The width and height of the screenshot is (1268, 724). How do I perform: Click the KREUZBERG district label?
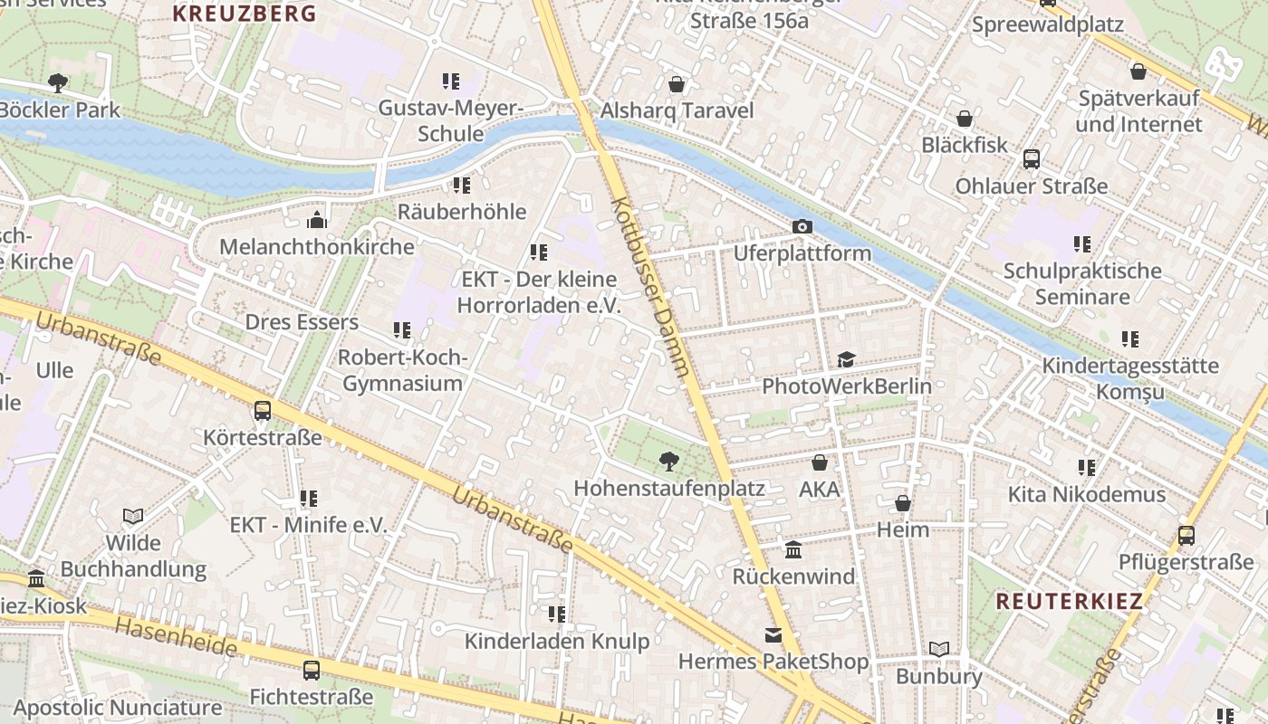245,14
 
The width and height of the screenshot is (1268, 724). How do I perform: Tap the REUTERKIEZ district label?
1069,601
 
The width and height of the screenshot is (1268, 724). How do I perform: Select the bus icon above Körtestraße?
263,411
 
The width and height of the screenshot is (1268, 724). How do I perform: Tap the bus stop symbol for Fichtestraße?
311,671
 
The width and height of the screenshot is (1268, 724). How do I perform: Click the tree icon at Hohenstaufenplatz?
668,462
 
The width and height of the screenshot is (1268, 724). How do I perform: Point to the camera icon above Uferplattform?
802,226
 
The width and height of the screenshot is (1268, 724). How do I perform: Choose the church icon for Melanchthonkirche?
316,220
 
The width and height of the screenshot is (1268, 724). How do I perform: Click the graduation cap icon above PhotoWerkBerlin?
846,359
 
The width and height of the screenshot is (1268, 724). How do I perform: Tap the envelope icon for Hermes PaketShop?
773,635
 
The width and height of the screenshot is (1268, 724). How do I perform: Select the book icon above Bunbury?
939,649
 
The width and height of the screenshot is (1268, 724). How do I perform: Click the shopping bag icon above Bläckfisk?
965,119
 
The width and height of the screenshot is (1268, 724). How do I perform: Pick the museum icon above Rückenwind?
793,549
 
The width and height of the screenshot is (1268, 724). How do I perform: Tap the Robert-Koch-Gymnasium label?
402,370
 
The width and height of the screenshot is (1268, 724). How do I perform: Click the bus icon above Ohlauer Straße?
1031,159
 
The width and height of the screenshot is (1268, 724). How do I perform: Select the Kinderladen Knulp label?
556,642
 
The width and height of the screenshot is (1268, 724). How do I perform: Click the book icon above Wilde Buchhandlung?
133,516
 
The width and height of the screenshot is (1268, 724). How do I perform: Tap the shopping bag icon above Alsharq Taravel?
676,84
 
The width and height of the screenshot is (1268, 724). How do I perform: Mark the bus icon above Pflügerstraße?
1186,535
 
